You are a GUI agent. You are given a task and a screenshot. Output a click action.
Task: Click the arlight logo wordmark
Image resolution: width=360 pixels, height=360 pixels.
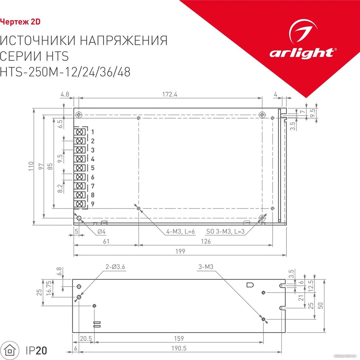pyautogui.click(x=302, y=53)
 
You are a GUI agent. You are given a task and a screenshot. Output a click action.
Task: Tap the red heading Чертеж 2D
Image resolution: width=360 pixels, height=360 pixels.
pyautogui.click(x=20, y=22)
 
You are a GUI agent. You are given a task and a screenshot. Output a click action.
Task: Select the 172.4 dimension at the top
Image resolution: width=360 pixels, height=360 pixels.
pyautogui.click(x=170, y=94)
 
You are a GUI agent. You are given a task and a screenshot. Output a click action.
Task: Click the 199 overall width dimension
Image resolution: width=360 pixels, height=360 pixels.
pyautogui.click(x=180, y=251)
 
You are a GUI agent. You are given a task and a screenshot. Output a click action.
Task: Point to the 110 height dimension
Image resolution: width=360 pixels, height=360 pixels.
pyautogui.click(x=31, y=166)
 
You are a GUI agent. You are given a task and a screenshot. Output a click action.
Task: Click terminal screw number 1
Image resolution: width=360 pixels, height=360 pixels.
pyautogui.click(x=80, y=132)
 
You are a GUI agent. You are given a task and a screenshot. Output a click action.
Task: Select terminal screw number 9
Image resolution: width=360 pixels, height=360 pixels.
pyautogui.click(x=80, y=204)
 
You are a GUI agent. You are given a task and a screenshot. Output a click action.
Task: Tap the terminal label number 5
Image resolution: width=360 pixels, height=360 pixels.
pyautogui.click(x=93, y=168)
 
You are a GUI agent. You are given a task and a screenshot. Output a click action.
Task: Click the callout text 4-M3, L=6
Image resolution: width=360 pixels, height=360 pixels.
pyautogui.click(x=180, y=231)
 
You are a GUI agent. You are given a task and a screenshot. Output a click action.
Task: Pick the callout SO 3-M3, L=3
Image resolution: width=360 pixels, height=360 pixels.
pyautogui.click(x=225, y=231)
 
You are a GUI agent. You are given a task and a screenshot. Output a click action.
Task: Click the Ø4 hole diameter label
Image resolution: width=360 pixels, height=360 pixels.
pyautogui.click(x=101, y=231)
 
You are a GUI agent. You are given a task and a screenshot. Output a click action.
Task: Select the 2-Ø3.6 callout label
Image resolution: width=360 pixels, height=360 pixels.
pyautogui.click(x=115, y=267)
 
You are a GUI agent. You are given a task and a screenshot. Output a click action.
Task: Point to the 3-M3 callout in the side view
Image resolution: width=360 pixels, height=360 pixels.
pyautogui.click(x=206, y=267)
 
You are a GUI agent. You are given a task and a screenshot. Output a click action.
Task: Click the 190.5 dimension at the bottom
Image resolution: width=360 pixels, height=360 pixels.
pyautogui.click(x=179, y=348)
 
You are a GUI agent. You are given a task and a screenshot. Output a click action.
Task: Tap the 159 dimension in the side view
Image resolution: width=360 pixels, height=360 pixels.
pyautogui.click(x=179, y=338)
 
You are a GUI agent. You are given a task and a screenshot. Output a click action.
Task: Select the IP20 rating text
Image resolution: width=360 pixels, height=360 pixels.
pyautogui.click(x=37, y=351)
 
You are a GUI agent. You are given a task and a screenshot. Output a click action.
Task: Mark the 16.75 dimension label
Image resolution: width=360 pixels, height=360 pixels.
pyautogui.click(x=49, y=288)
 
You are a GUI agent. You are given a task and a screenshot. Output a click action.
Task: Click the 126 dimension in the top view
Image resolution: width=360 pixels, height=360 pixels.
pyautogui.click(x=206, y=241)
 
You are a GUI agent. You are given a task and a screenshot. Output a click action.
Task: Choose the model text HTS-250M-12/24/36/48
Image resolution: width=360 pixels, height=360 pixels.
pyautogui.click(x=65, y=72)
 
